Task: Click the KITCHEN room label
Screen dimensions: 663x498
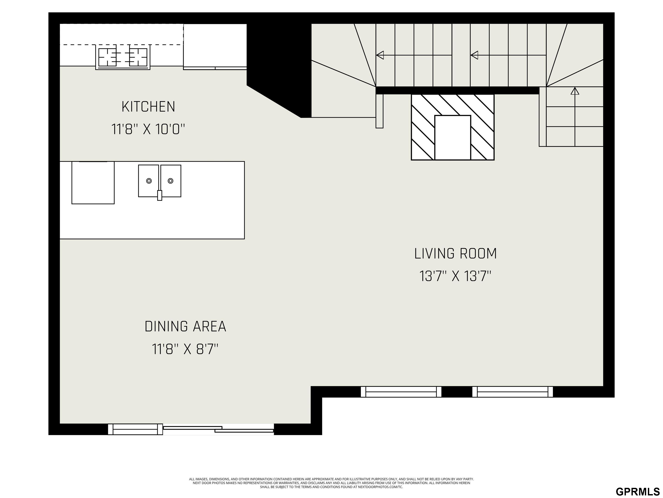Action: click(148, 107)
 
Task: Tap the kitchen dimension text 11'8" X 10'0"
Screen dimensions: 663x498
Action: click(148, 129)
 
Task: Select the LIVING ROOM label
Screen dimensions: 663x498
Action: click(456, 254)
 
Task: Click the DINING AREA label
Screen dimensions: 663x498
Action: click(185, 327)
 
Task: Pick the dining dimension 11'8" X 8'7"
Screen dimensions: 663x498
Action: click(185, 349)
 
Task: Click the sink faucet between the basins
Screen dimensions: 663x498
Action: click(160, 195)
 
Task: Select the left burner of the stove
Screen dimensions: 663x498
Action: click(108, 57)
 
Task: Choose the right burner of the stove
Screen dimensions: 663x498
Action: click(138, 57)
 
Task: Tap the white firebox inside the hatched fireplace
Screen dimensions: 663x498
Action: click(453, 137)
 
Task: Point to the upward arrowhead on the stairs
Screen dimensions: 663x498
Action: click(575, 91)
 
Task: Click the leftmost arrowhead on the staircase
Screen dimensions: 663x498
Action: click(380, 55)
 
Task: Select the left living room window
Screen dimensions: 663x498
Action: click(401, 392)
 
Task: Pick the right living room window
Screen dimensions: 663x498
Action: click(513, 392)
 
